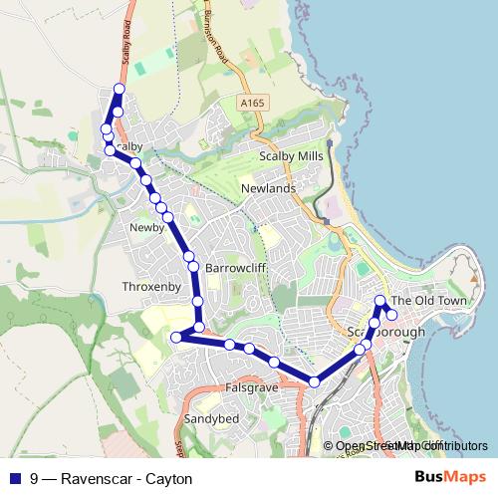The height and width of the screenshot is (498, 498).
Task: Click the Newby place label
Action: pos(146,228)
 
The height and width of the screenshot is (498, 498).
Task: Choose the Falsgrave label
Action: pos(250,385)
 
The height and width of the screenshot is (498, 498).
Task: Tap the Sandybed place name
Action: pos(211,419)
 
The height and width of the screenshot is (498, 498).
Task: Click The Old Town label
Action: pos(428,300)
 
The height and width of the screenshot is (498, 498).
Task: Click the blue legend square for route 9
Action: pos(16,478)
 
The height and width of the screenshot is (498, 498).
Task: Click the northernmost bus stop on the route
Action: pos(120,90)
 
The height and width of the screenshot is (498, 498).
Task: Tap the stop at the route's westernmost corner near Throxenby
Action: pos(176,338)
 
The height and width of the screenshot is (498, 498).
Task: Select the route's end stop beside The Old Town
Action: pos(391,315)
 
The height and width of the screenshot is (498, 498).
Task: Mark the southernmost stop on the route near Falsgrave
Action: pos(315,381)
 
